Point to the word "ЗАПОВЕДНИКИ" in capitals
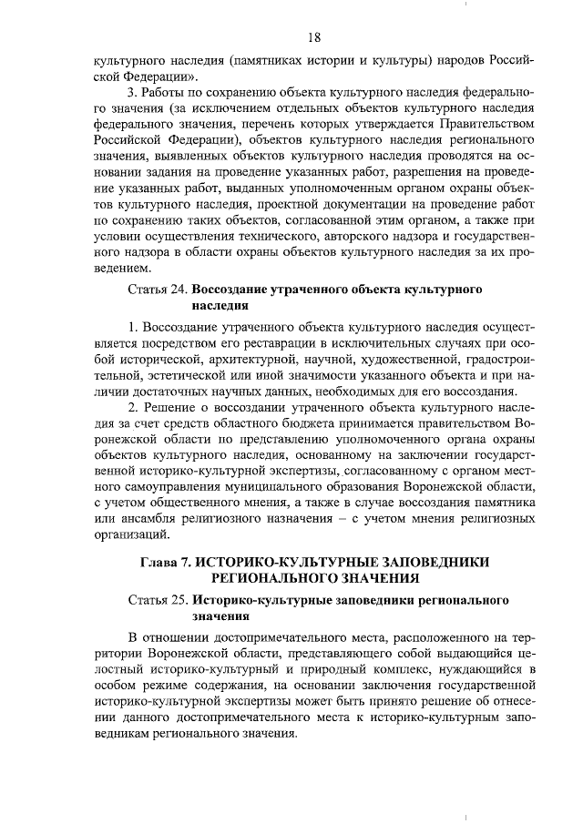point(438,562)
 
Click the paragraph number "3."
point(133,92)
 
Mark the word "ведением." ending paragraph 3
point(121,269)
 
